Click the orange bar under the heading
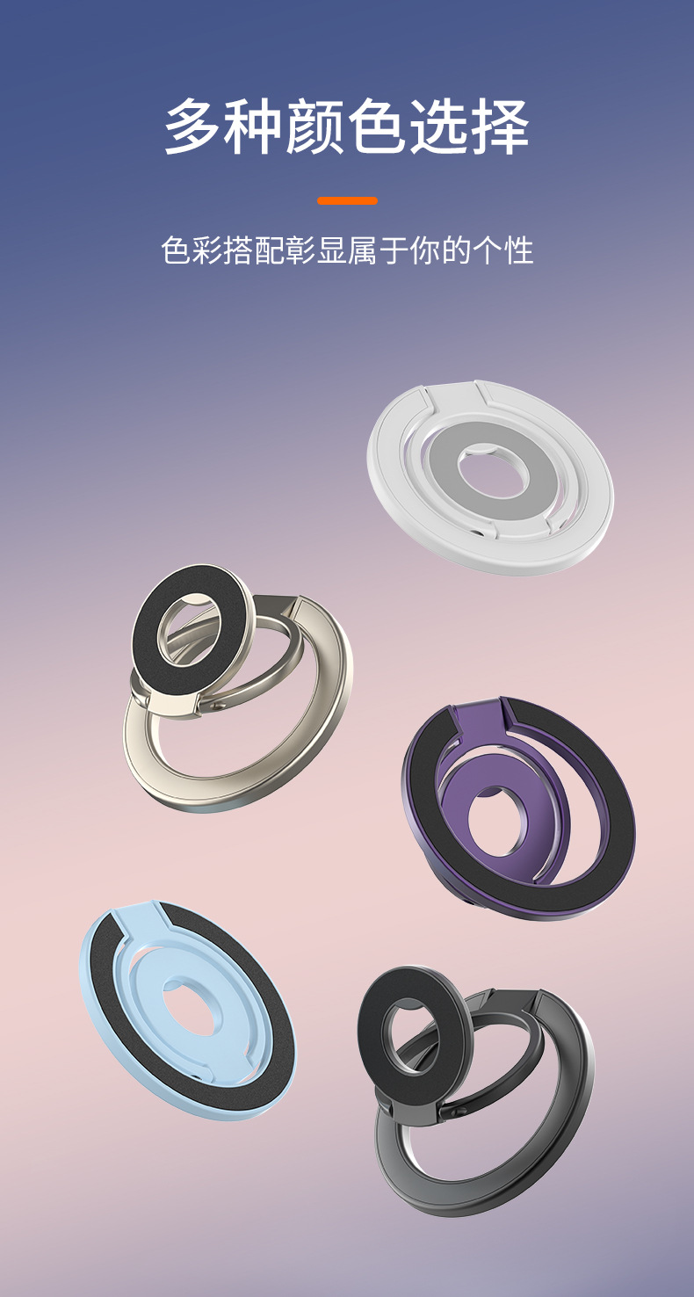tap(347, 201)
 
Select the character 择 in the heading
tap(500, 126)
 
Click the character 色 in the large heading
tap(378, 126)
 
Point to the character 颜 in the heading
tap(316, 126)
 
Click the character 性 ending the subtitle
tap(518, 250)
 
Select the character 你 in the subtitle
tap(425, 250)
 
